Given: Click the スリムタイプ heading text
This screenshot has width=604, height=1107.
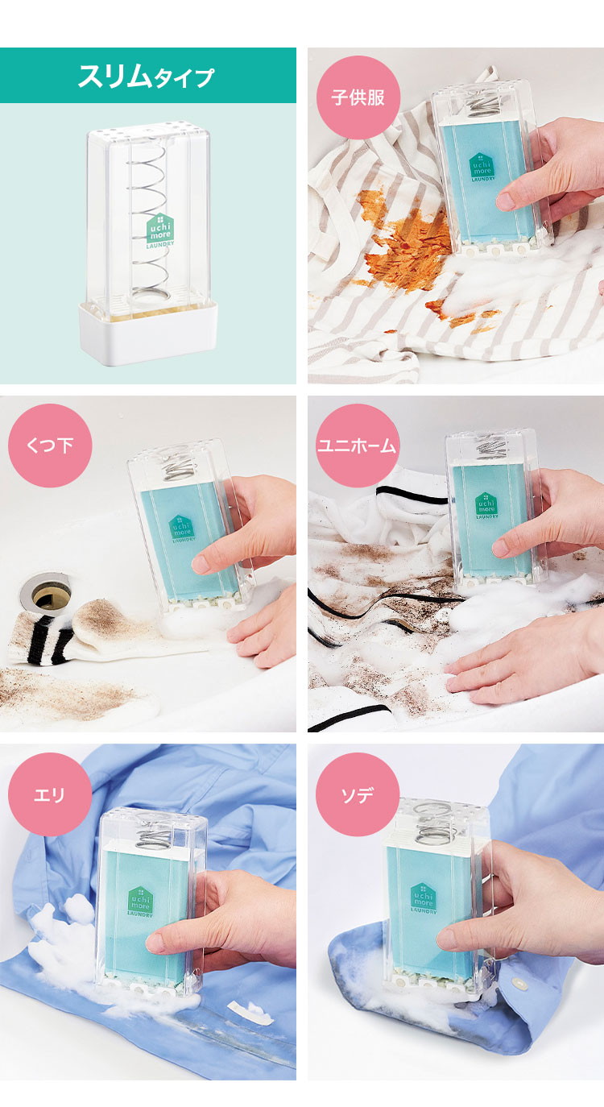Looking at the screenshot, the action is [x=147, y=76].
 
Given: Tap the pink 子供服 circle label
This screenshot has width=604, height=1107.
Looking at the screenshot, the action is [x=358, y=97].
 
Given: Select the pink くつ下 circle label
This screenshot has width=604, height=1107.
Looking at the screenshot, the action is [x=50, y=446].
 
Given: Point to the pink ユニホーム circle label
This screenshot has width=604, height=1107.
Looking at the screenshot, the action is [x=358, y=446].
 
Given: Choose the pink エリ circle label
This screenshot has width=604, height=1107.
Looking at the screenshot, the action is [x=50, y=794].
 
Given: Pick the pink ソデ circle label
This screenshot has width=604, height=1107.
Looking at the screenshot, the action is [x=358, y=794].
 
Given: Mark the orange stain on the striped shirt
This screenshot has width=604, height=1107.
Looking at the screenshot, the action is [x=405, y=237].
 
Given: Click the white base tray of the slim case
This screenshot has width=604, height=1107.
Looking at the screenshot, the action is [x=148, y=334].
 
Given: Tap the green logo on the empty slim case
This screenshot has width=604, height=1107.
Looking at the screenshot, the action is [x=160, y=230].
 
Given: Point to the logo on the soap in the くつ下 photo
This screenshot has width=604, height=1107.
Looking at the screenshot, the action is [x=182, y=529].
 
